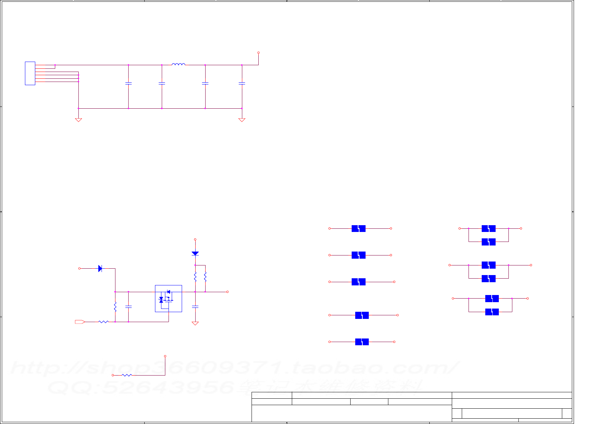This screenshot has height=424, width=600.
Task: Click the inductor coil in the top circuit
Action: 178,64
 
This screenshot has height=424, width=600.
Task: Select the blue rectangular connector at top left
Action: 30,73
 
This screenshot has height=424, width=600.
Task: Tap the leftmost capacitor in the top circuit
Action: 129,83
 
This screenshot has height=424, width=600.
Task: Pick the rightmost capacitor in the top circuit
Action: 242,83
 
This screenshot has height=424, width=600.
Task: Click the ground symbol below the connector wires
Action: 78,120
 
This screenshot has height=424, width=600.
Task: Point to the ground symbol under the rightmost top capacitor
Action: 242,120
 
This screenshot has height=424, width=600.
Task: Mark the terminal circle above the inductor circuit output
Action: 258,53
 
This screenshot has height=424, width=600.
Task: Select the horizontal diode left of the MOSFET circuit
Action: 100,268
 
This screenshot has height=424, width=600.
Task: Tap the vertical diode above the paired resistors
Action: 195,253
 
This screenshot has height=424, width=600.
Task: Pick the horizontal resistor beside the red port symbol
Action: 103,322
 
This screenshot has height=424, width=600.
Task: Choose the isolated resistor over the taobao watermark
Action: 127,375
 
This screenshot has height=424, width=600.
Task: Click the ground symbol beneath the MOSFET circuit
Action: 195,323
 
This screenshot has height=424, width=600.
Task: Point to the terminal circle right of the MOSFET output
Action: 227,292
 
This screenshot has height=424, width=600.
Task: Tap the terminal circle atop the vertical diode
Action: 195,239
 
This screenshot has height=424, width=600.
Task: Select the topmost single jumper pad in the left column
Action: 358,228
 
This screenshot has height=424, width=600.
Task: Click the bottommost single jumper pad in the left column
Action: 362,342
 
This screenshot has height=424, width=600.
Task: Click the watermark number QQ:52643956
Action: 141,387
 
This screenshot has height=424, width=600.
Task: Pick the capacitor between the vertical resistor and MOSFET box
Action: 129,306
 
